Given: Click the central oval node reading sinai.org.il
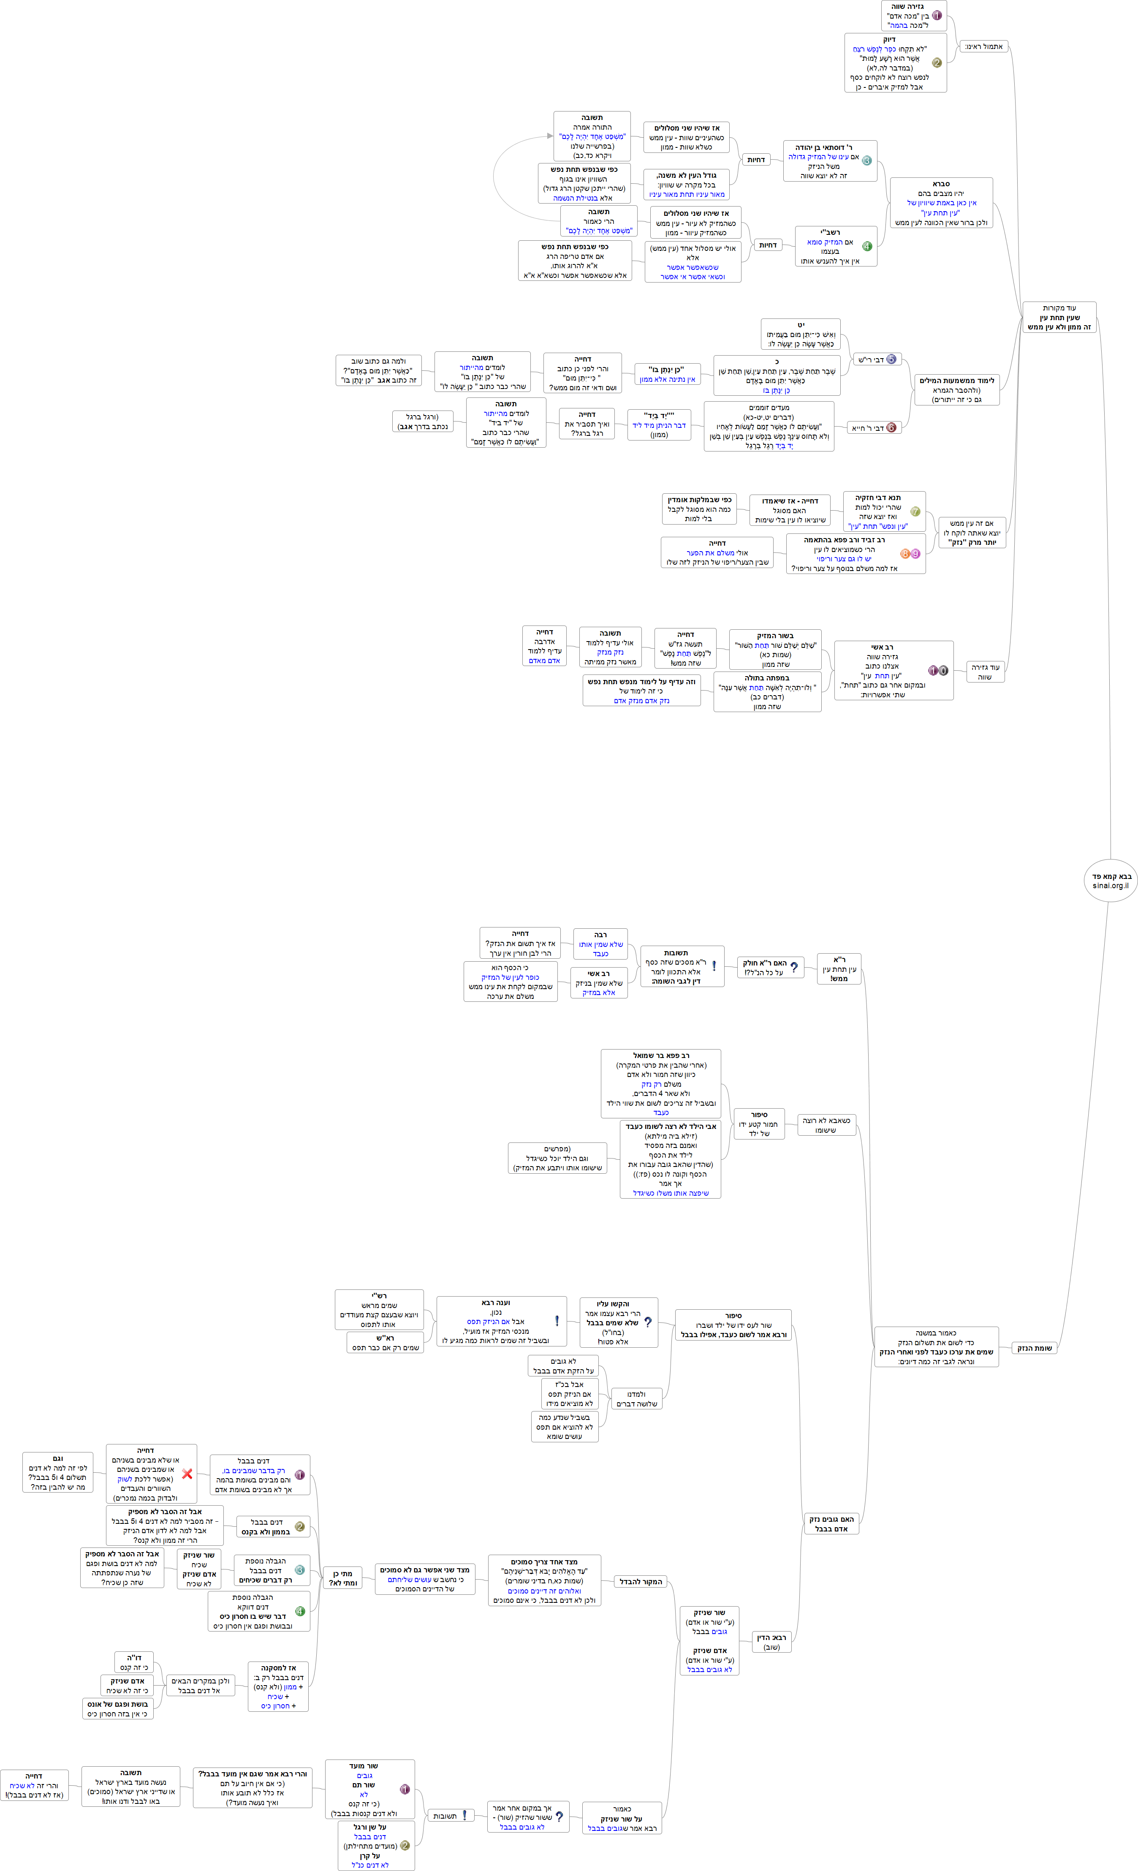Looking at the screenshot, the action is click(x=1110, y=881).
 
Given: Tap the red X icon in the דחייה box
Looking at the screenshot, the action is click(x=187, y=1474).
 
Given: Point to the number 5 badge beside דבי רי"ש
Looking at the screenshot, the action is click(x=891, y=359).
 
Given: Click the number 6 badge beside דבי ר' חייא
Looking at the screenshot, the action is click(x=891, y=427).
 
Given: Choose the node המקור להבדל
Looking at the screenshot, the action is click(x=641, y=1576).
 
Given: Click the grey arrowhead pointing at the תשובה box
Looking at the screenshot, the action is click(x=550, y=136).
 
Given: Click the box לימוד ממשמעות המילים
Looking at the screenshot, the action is click(x=956, y=389).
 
